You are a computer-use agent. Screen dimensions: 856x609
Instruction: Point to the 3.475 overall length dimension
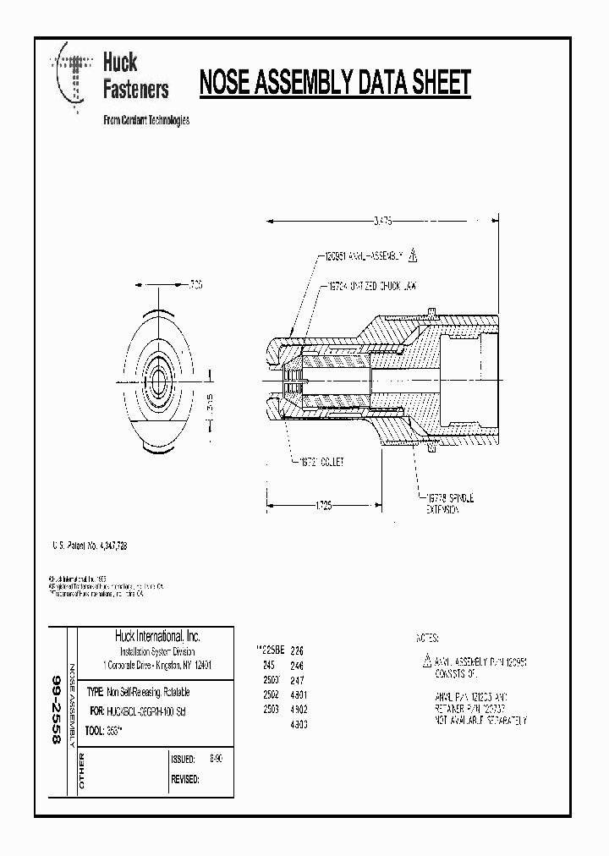pos(382,219)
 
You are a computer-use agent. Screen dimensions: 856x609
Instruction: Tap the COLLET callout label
pos(322,463)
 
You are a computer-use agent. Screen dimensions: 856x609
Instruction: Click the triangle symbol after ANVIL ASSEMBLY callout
pos(413,254)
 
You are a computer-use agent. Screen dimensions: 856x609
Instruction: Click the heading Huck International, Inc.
pos(157,636)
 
